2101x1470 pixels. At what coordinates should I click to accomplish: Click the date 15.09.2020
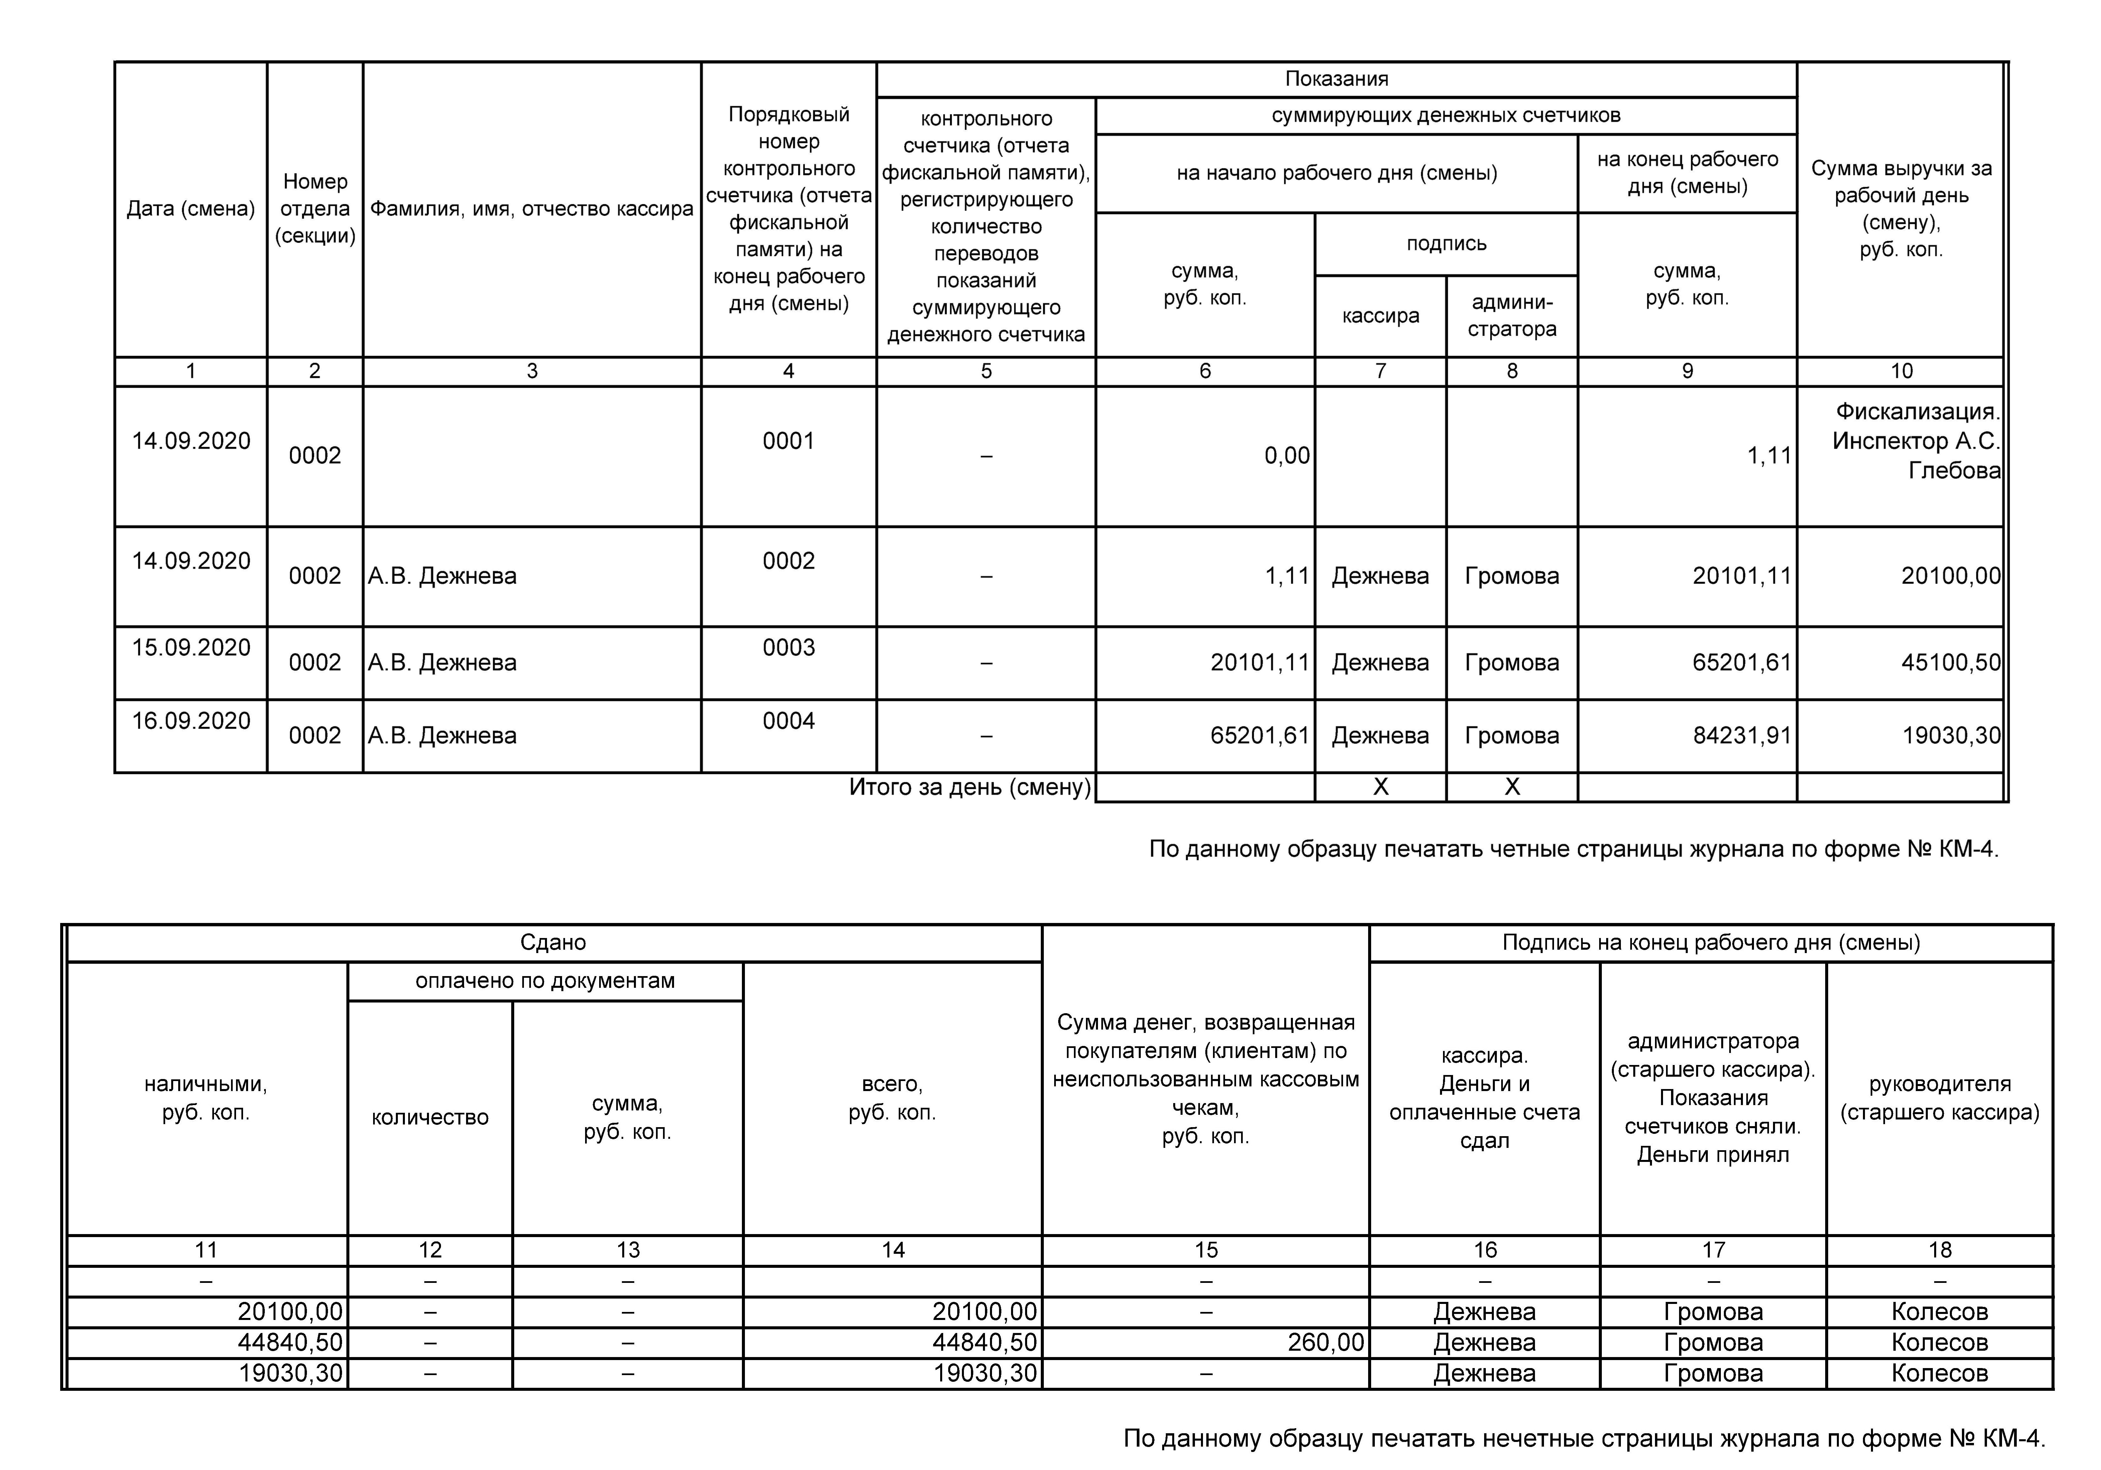190,648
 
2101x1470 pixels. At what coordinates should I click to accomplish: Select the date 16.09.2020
190,721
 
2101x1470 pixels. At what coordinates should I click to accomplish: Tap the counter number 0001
788,441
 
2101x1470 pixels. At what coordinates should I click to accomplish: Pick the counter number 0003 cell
788,648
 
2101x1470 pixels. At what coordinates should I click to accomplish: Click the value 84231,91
1741,736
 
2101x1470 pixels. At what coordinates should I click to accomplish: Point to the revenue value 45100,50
1951,662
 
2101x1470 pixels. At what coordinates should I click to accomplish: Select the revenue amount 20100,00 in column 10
1951,575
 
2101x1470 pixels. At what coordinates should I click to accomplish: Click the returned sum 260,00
1325,1342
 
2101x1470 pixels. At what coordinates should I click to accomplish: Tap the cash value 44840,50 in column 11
290,1342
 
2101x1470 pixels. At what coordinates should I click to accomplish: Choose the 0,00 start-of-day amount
1287,455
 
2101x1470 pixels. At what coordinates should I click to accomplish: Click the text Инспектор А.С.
1915,441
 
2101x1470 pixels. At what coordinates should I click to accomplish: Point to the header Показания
1336,79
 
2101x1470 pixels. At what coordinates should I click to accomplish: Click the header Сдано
553,942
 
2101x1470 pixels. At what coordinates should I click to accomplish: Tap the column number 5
986,371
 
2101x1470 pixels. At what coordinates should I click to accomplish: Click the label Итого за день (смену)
970,787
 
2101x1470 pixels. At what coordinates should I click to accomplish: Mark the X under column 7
1380,787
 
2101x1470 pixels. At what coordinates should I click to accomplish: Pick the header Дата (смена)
190,209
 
